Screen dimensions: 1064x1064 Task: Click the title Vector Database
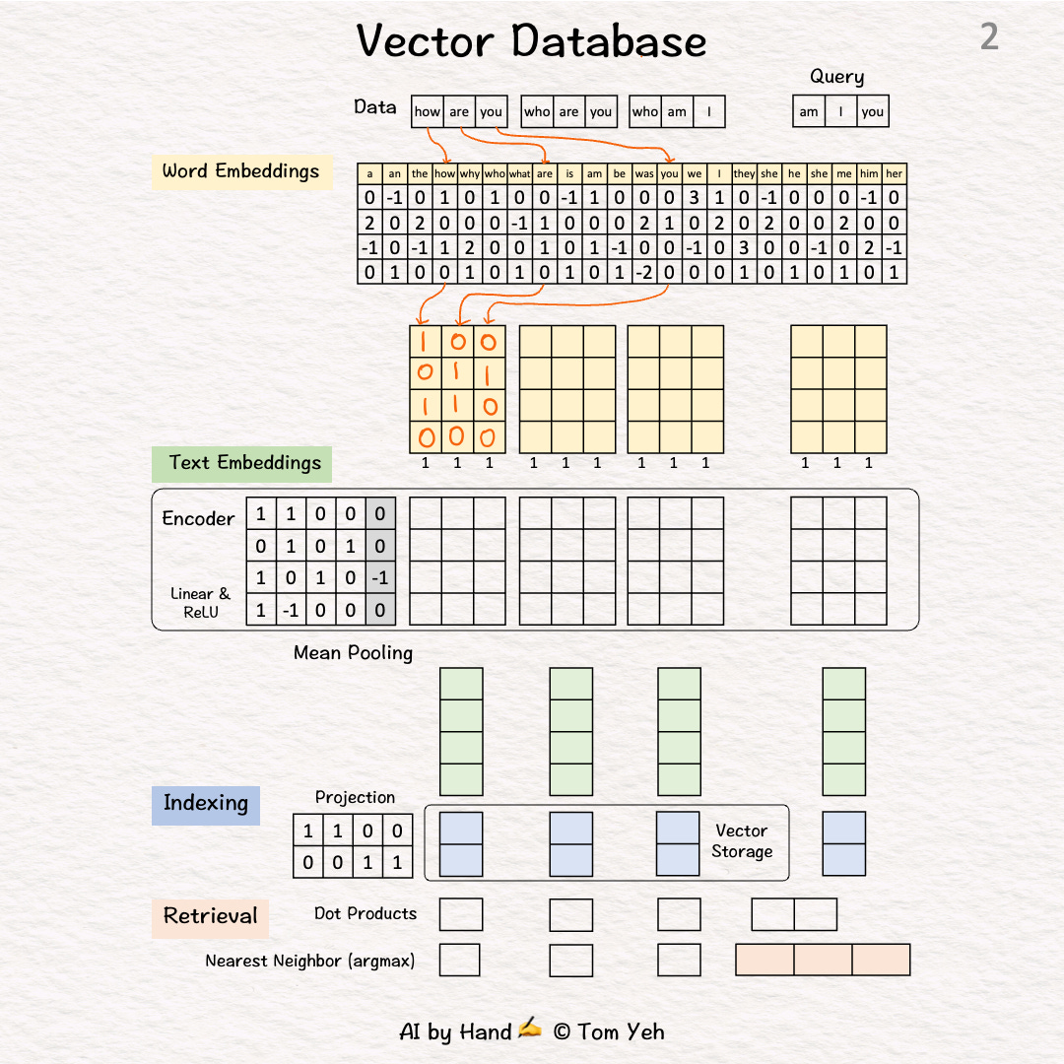point(531,41)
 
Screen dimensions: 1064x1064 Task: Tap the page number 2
point(989,37)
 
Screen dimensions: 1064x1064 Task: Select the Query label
point(836,77)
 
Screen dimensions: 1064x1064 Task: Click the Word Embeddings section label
point(240,171)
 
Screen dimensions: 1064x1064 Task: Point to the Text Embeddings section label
point(243,463)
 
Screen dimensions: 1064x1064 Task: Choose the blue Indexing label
point(205,803)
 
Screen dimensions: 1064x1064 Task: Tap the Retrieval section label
point(210,916)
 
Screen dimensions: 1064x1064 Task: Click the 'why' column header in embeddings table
point(470,174)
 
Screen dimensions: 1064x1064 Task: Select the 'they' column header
point(744,174)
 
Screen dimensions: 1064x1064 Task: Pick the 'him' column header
point(869,174)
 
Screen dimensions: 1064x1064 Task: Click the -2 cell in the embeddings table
point(644,273)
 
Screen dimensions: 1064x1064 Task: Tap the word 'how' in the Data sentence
point(428,112)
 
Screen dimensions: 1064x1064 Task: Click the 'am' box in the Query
point(809,112)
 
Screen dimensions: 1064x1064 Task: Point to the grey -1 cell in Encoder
point(380,578)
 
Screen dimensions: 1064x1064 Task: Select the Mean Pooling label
point(353,652)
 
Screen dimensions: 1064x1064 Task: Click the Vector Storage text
point(742,841)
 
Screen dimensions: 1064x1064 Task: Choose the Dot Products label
point(366,914)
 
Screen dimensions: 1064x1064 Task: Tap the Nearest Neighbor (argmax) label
point(309,961)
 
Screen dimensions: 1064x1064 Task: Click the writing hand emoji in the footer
point(530,1031)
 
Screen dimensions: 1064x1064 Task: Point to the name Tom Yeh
point(622,1032)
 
